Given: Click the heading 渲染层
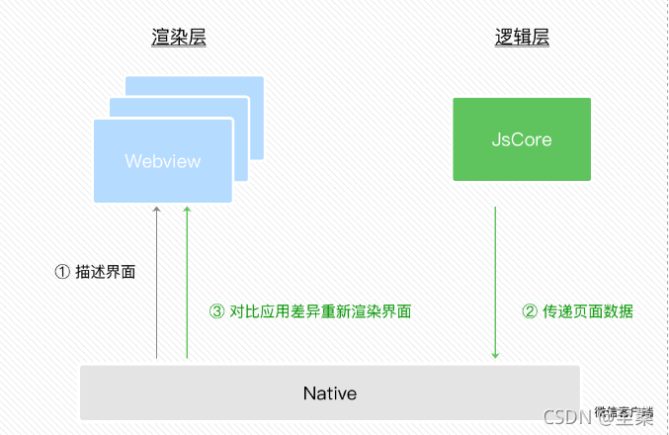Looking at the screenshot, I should coord(179,38).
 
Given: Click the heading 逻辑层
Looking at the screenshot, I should coord(522,38).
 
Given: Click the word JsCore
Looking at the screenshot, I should coord(522,139).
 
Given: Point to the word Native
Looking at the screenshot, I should coord(329,393).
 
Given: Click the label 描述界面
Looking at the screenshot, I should coord(105,271).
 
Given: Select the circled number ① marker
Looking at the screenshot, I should coord(61,271).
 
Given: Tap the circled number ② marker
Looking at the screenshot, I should coord(529,311).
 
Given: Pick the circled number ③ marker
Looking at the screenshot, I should coord(217,311).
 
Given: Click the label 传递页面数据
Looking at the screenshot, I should coord(586,311).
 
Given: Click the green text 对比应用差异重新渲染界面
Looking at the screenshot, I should coord(320,311).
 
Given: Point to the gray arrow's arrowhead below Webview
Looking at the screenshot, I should coord(156,211).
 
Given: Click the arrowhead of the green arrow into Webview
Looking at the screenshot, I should coord(186,211).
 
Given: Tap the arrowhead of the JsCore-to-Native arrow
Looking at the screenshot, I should coord(495,355).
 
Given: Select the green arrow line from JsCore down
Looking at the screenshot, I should coord(495,277).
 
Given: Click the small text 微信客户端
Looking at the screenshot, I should coord(625,407).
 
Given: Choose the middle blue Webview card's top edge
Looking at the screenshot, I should coord(178,99).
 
